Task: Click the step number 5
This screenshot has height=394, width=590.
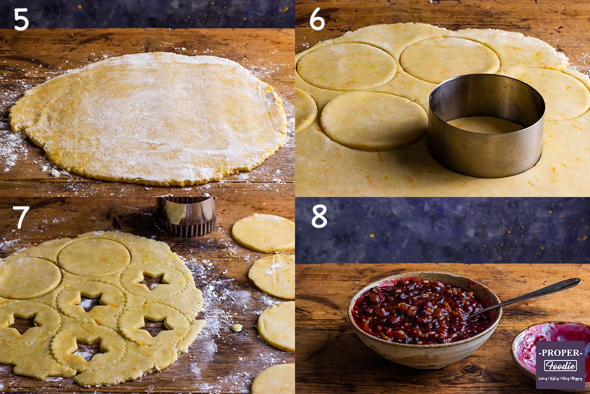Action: (x=21, y=19)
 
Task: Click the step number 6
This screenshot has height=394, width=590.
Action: (x=317, y=19)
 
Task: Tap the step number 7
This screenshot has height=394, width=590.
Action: (x=21, y=217)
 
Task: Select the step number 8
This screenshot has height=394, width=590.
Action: (x=319, y=216)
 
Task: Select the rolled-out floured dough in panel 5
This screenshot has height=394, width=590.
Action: (x=147, y=118)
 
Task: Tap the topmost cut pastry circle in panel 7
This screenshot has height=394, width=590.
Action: (x=264, y=233)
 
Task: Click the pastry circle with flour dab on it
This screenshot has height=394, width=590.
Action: (x=273, y=275)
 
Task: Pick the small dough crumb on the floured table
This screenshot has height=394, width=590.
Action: (x=237, y=328)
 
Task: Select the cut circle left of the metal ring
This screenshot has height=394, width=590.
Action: (x=374, y=121)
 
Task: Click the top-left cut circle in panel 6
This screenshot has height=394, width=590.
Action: (x=346, y=66)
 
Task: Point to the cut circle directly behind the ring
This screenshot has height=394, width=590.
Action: (x=449, y=60)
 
